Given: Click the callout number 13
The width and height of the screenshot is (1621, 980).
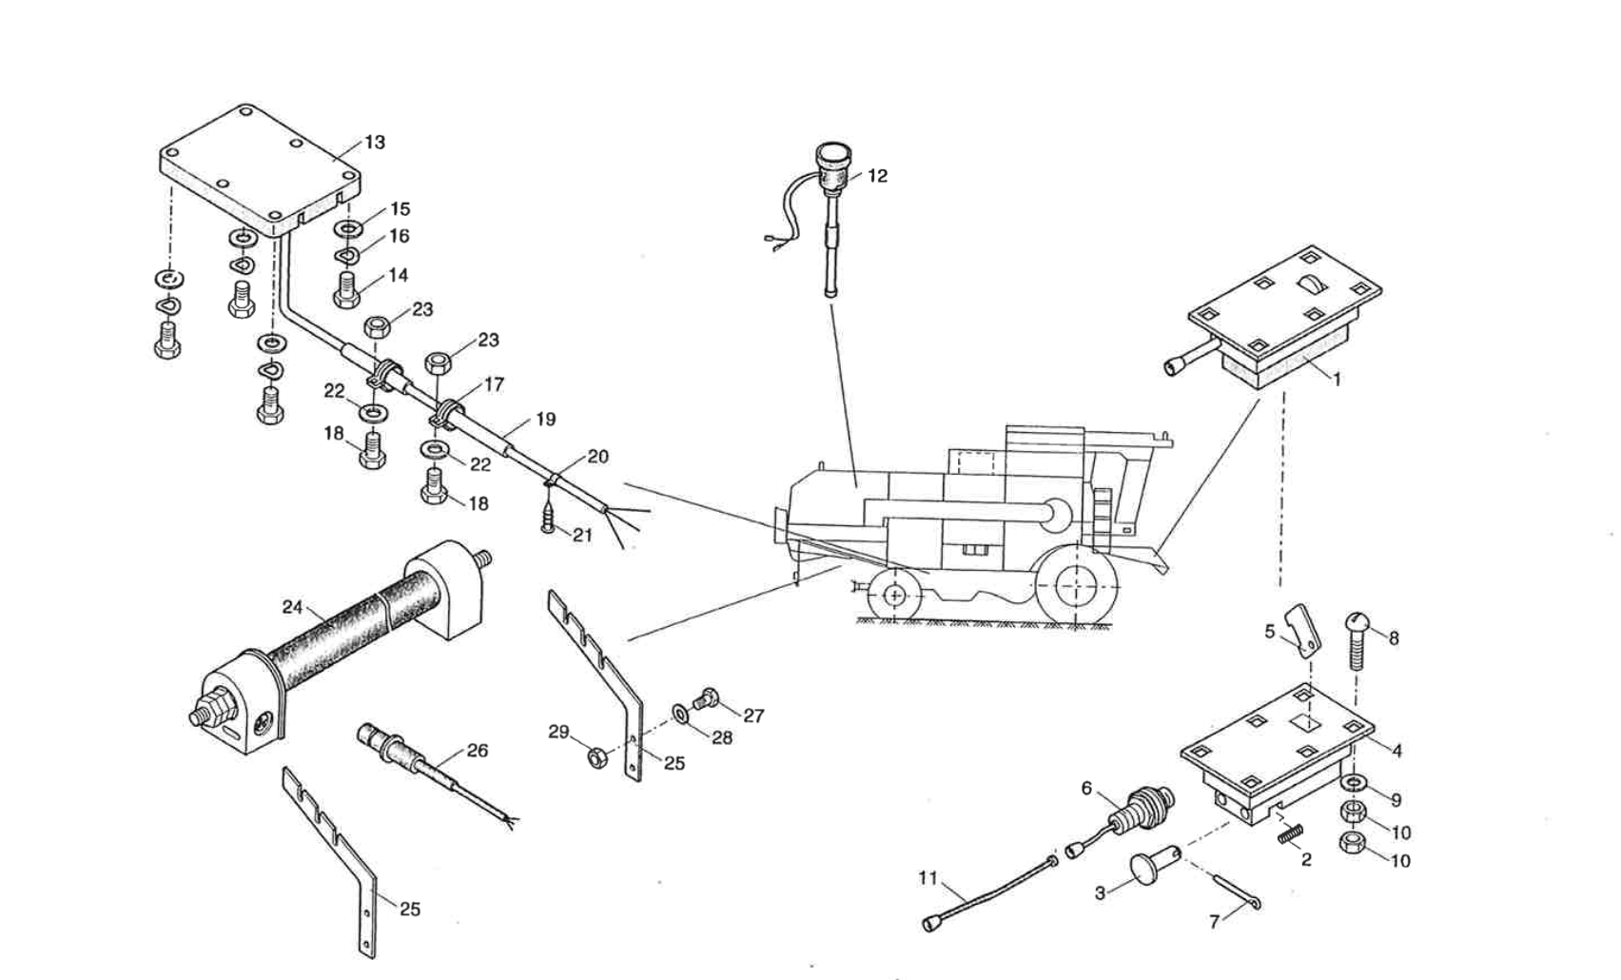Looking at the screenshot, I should click(x=375, y=143).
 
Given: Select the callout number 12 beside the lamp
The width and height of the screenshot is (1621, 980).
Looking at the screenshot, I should click(x=877, y=176).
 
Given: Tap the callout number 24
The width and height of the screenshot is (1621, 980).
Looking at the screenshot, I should click(x=292, y=607).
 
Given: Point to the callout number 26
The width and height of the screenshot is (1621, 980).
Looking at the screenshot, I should click(x=477, y=751).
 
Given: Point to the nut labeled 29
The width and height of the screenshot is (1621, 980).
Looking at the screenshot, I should click(x=598, y=758).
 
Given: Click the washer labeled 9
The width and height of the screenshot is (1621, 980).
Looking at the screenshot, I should click(x=1352, y=783).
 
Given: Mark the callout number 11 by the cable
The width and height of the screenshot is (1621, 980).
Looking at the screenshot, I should click(x=928, y=877).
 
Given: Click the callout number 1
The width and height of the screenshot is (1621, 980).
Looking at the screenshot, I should click(x=1337, y=380).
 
